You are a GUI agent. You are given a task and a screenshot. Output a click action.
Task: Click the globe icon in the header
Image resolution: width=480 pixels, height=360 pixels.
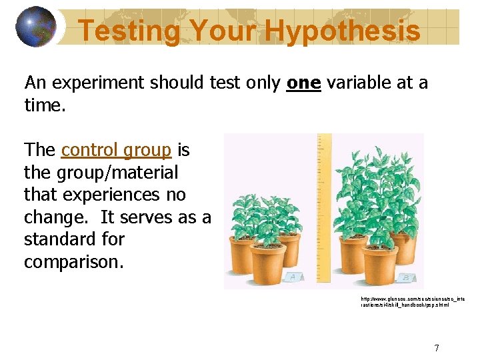coord(35,27)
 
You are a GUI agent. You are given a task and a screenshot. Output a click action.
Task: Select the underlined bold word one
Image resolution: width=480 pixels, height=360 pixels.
coord(303,83)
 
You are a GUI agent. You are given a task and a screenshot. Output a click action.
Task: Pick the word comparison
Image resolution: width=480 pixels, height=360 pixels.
coord(73,262)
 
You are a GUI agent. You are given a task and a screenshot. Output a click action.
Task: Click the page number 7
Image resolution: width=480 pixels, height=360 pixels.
coord(436,347)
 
